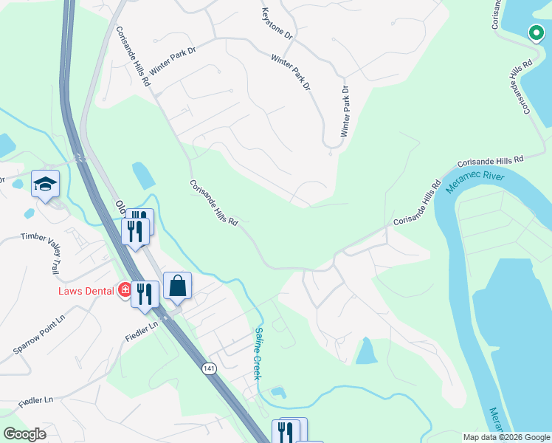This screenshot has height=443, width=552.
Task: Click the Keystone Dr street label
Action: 277,24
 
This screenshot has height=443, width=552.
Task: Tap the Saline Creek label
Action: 258,354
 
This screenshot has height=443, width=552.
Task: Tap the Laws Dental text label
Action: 86,290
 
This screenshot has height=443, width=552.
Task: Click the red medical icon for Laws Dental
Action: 125,290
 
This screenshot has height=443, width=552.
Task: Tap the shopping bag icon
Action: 178,286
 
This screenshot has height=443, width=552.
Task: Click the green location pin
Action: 534,32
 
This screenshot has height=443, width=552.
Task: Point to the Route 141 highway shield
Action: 210,367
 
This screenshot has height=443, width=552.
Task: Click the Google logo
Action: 25,434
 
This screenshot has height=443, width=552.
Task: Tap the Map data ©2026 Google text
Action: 506,437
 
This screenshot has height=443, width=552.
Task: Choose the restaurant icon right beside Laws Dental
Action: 146,294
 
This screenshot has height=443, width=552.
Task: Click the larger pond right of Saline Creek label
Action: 366,351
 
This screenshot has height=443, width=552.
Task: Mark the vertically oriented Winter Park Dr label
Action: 344,111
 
